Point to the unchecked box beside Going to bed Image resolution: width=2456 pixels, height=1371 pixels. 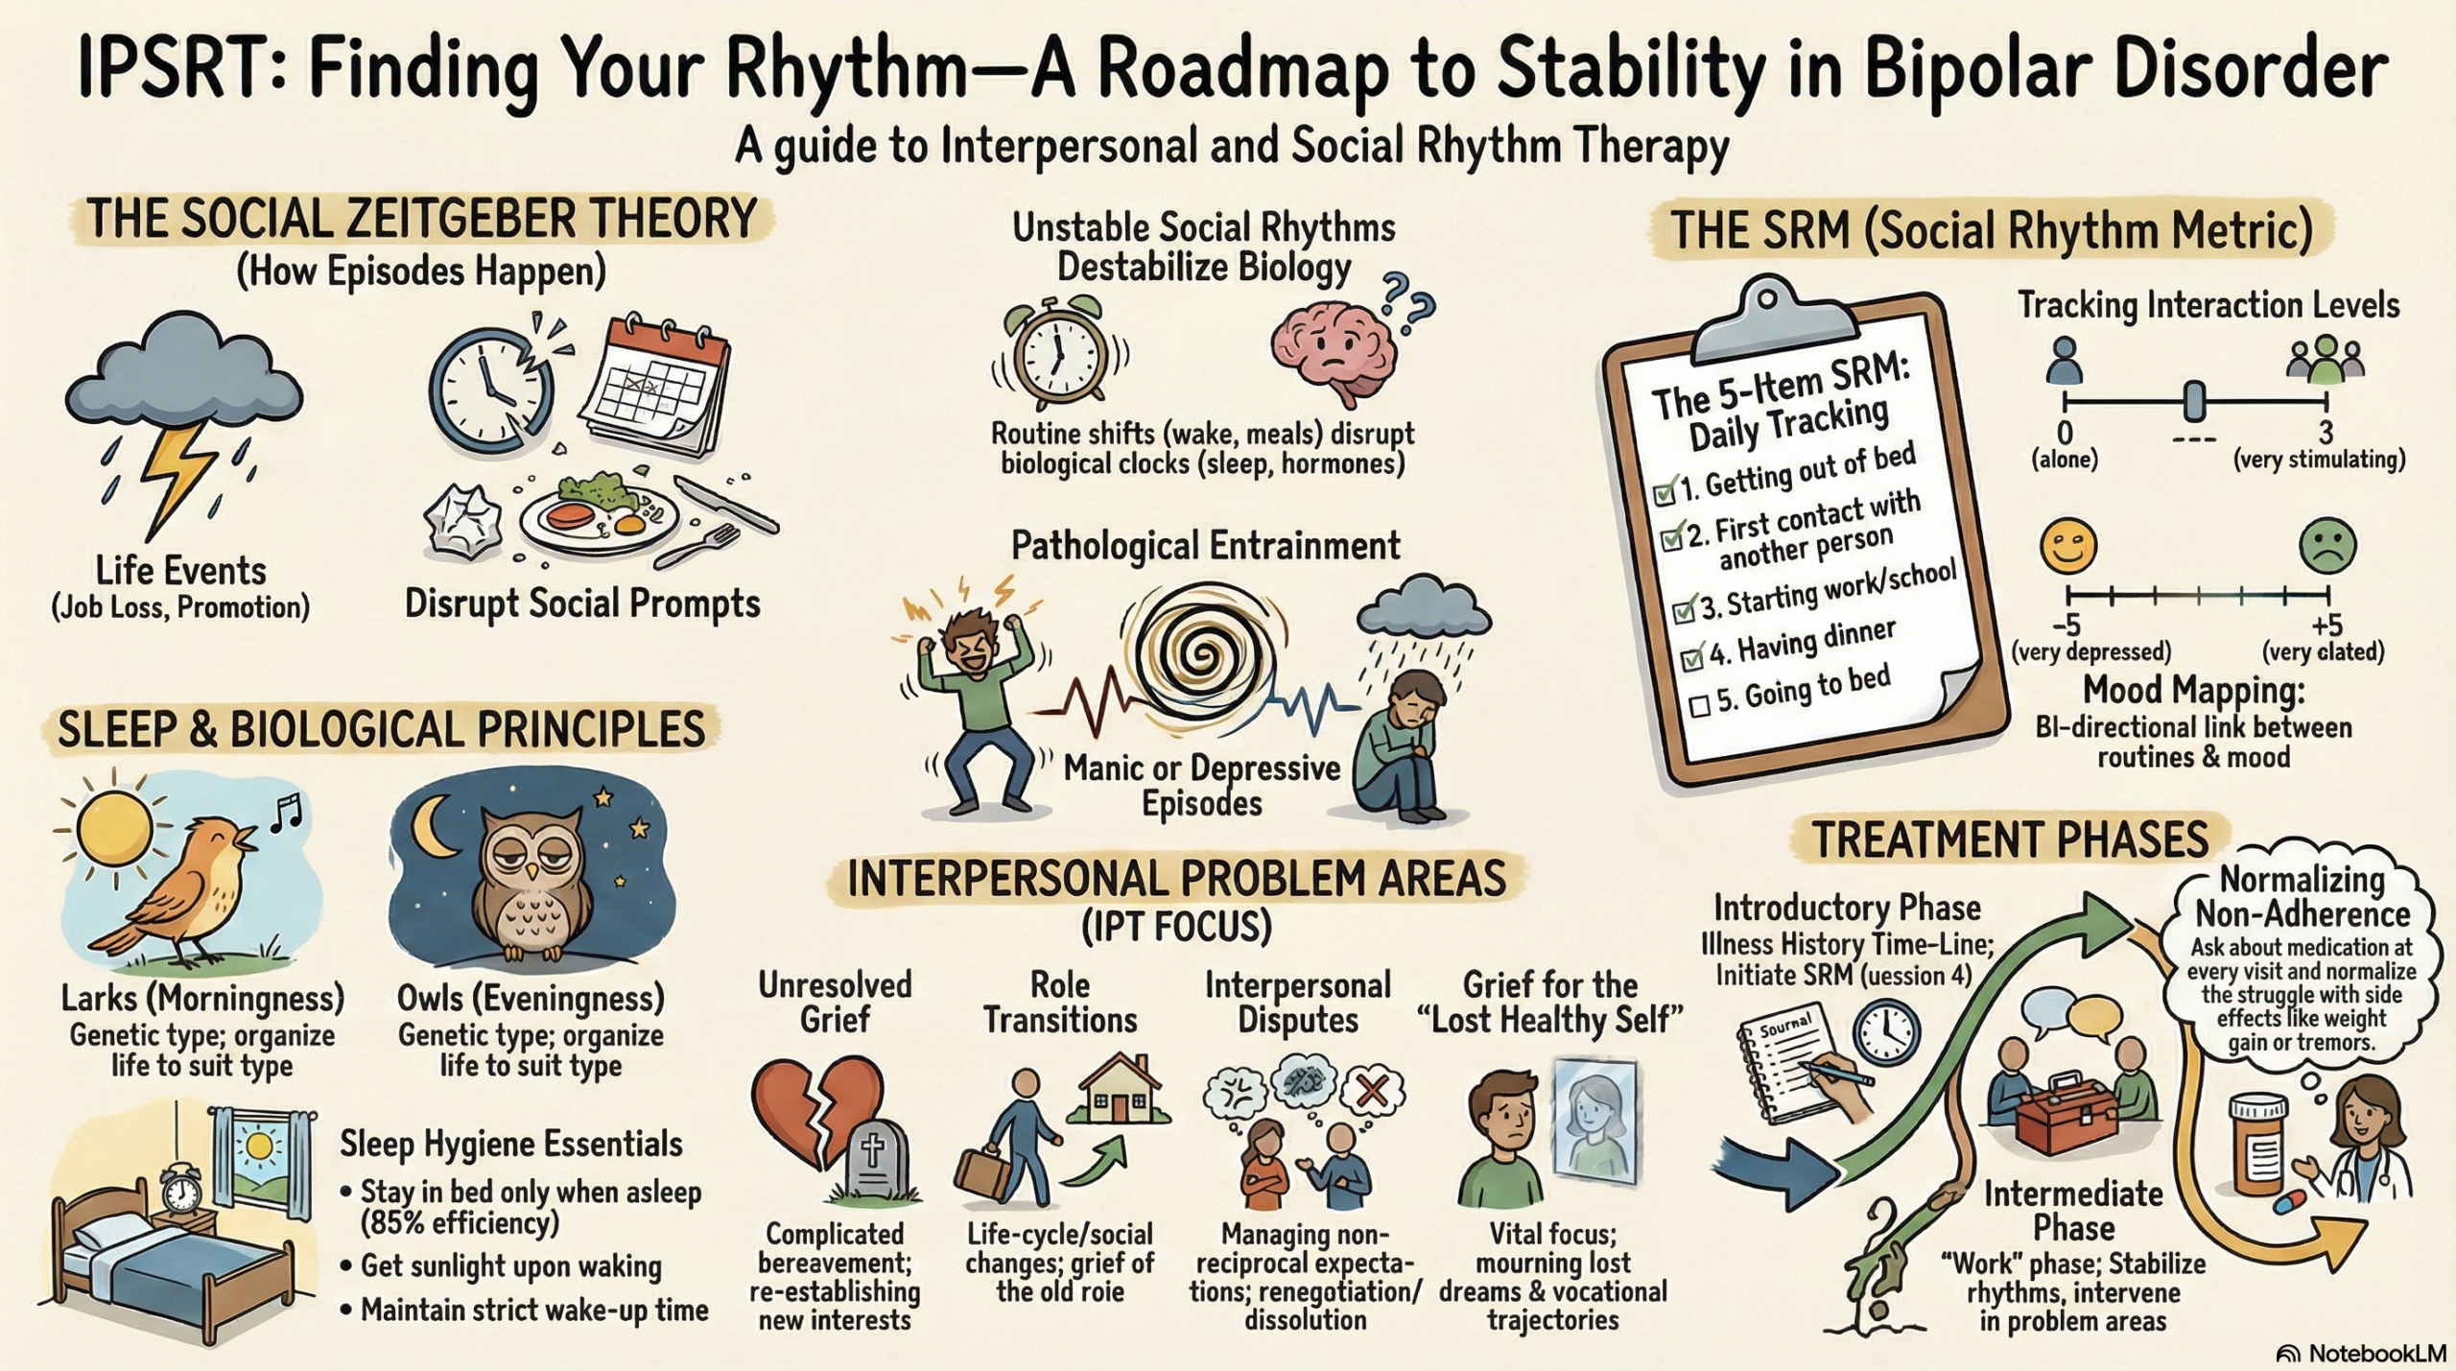[1699, 705]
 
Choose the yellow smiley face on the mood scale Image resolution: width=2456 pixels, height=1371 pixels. [2067, 545]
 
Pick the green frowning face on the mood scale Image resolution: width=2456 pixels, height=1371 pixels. [2327, 545]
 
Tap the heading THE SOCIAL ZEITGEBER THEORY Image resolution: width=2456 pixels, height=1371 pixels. [422, 219]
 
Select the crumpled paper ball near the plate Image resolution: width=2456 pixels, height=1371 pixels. [463, 519]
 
